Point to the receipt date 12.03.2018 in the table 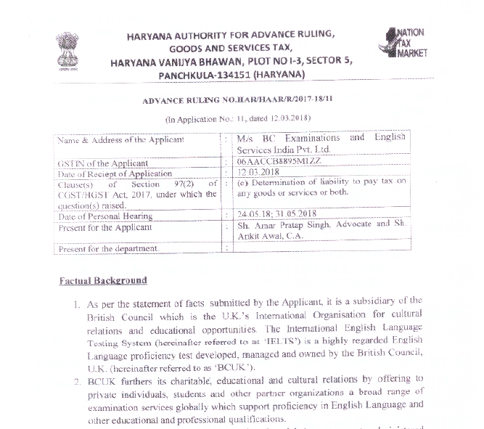(x=259, y=173)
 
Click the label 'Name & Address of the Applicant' (x=120, y=140)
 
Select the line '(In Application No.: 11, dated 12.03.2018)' (x=239, y=118)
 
